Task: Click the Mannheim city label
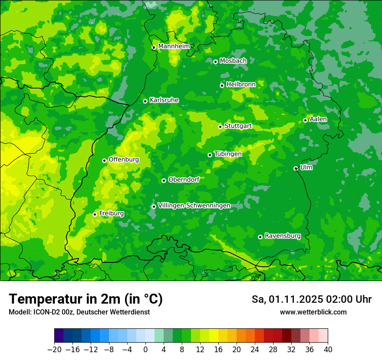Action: click(174, 46)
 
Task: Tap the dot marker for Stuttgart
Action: click(220, 127)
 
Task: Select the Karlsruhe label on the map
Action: click(164, 100)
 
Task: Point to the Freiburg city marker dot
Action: click(95, 214)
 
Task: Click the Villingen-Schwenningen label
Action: click(194, 205)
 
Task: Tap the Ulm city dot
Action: click(296, 168)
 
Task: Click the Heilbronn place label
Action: click(240, 84)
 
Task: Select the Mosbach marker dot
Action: click(215, 62)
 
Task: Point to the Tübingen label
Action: click(228, 154)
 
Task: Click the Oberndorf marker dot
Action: click(164, 180)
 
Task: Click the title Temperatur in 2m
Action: click(86, 299)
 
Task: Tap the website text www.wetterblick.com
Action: click(313, 312)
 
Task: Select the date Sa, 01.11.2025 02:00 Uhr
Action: click(311, 299)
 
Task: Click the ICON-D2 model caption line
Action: click(79, 312)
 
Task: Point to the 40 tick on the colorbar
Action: click(328, 349)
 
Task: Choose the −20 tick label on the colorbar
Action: click(54, 349)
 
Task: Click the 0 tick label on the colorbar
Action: click(145, 349)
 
